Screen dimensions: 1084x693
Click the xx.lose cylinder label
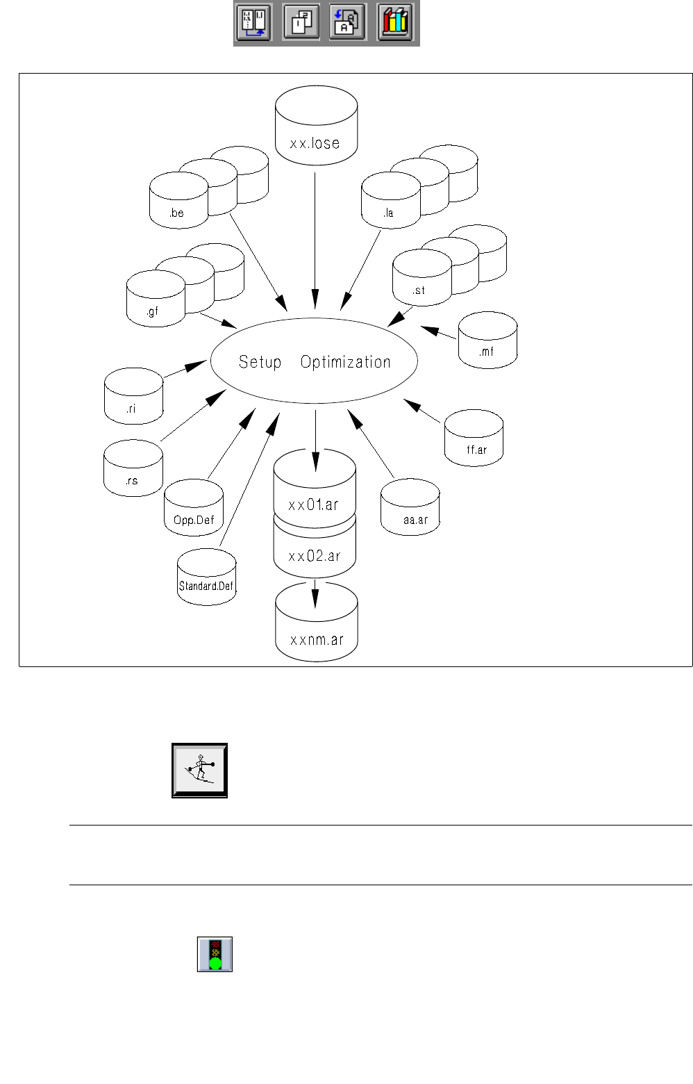coord(315,143)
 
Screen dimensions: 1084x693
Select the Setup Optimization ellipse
coord(314,361)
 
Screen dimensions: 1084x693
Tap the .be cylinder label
coord(177,213)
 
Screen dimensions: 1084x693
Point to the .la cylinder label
coord(388,213)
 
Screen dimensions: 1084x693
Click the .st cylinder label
coord(419,290)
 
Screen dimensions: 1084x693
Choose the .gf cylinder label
coord(153,311)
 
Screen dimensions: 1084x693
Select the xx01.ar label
coord(314,504)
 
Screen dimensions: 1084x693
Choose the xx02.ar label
coord(315,556)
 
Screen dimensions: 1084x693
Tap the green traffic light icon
coord(215,954)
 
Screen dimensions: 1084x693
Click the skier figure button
coord(200,770)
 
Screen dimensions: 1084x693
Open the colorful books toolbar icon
coord(395,22)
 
